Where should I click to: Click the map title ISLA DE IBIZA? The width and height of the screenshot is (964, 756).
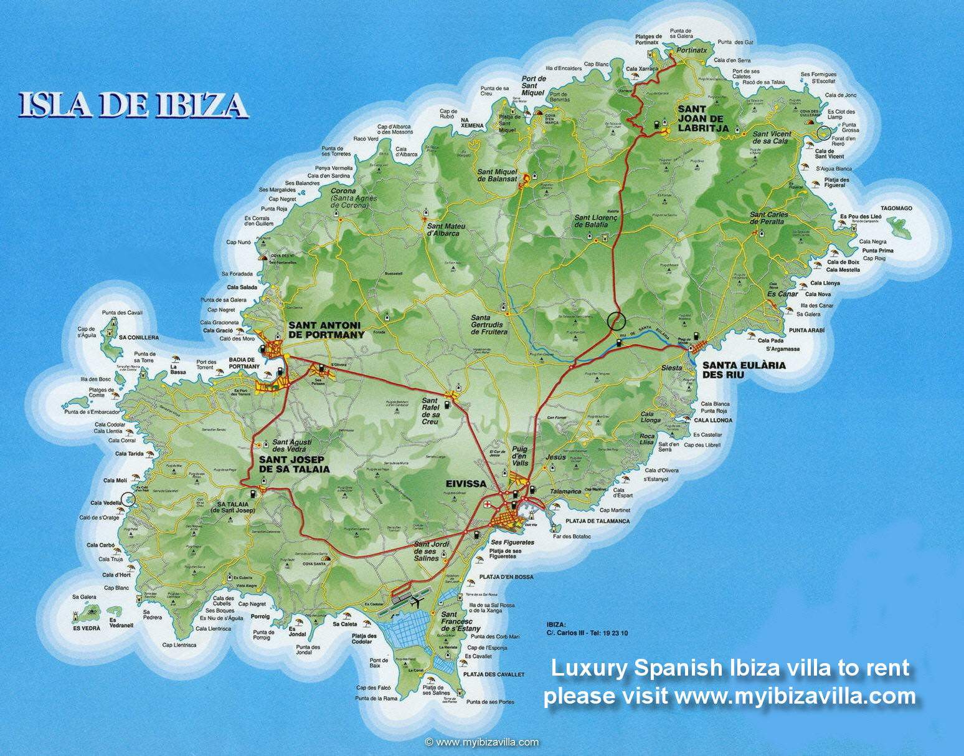[x=131, y=105]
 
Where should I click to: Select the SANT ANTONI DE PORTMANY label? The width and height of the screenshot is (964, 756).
[x=326, y=330]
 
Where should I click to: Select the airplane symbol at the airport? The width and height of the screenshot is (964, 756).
[x=416, y=602]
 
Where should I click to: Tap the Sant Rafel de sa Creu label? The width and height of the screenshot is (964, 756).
[x=430, y=411]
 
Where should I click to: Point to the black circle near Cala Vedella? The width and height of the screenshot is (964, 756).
[x=128, y=498]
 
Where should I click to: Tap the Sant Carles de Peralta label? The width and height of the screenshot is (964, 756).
[x=769, y=218]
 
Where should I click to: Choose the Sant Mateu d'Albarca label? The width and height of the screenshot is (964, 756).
[x=443, y=230]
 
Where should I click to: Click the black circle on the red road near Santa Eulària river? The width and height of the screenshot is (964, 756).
[x=615, y=320]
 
